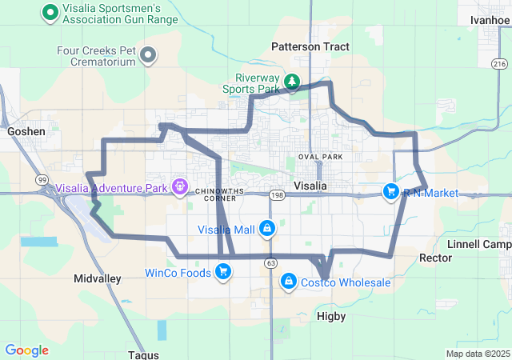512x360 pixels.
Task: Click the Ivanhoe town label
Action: tap(490, 20)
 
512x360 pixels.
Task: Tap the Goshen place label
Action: tap(25, 130)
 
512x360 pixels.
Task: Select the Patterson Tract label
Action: tap(310, 47)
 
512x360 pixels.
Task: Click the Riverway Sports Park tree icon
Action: tap(293, 81)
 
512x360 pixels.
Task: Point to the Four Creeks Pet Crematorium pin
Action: tap(148, 55)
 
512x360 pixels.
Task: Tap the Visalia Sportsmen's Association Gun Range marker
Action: tap(50, 12)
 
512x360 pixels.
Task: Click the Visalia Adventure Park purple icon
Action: tap(180, 188)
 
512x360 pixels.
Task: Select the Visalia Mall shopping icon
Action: tap(266, 230)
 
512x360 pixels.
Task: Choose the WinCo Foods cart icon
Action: tap(223, 273)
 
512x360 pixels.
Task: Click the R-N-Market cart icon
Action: tap(390, 191)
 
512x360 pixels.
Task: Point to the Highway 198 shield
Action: tap(277, 194)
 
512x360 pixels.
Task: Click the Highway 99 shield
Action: tap(42, 179)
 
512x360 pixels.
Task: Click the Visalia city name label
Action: tap(310, 186)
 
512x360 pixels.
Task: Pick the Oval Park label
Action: tap(320, 157)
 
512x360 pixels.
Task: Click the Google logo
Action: tap(27, 350)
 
